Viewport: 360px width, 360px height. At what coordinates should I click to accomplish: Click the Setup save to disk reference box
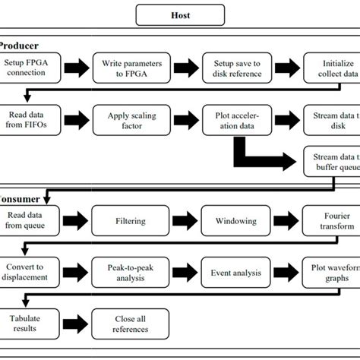click(236, 67)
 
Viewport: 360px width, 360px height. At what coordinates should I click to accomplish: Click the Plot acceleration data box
click(236, 118)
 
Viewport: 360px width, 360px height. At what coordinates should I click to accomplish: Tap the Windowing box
click(236, 220)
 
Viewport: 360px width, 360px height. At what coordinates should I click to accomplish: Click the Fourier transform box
click(331, 220)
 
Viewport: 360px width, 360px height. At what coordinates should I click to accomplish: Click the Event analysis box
click(236, 272)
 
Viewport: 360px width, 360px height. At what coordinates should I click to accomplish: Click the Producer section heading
click(19, 46)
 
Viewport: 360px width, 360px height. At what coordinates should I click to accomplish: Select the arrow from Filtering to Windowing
click(183, 220)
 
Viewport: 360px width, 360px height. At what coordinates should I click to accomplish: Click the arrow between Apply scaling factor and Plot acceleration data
click(183, 118)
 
